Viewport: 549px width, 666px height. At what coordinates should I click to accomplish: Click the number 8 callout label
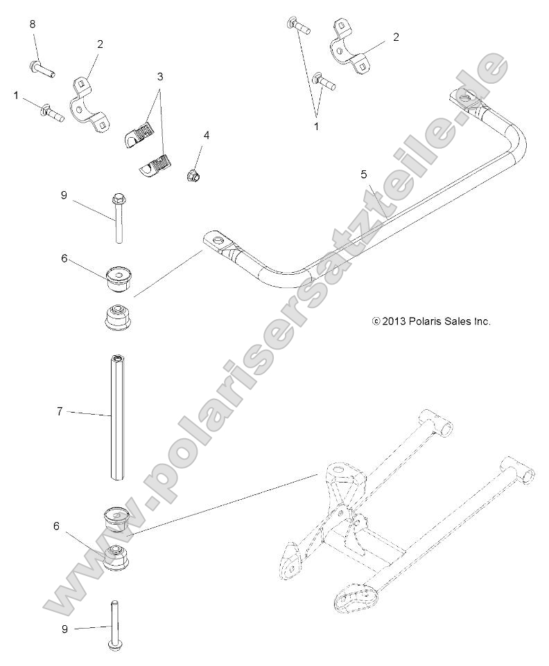pyautogui.click(x=33, y=24)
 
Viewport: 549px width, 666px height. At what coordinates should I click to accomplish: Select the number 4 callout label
pyautogui.click(x=206, y=135)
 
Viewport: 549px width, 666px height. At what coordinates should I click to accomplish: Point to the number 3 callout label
pyautogui.click(x=160, y=77)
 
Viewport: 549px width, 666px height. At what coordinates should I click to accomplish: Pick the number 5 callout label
pyautogui.click(x=364, y=174)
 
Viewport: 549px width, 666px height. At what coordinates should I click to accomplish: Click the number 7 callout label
pyautogui.click(x=60, y=411)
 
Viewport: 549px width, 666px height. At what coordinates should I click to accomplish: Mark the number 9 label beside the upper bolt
pyautogui.click(x=64, y=195)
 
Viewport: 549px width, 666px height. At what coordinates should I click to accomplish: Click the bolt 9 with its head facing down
pyautogui.click(x=116, y=623)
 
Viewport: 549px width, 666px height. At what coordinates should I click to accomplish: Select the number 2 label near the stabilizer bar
pyautogui.click(x=396, y=37)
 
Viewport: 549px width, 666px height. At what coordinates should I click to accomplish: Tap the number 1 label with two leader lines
pyautogui.click(x=317, y=127)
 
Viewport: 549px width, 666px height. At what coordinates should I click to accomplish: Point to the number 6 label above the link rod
pyautogui.click(x=64, y=258)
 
